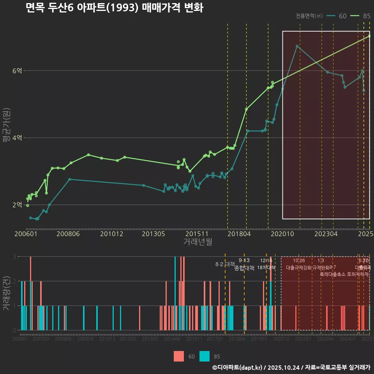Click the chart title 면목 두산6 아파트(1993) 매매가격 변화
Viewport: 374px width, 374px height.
point(114,8)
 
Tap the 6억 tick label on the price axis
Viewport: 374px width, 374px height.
point(17,71)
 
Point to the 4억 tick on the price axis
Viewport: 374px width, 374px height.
point(17,138)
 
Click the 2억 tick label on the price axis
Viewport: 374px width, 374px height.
point(17,205)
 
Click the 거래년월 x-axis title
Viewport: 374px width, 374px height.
point(198,242)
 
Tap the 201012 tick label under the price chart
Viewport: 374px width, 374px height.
point(111,234)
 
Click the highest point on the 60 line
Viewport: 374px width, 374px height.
point(297,46)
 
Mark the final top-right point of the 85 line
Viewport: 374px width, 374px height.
point(369,36)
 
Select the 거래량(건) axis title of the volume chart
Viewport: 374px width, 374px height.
point(6,293)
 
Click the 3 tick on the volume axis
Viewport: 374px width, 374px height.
point(14,257)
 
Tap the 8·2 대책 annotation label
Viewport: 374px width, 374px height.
point(222,264)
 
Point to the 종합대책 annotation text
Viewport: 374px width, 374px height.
point(244,268)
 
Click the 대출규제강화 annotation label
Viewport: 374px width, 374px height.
point(299,268)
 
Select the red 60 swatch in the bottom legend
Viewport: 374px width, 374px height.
point(179,356)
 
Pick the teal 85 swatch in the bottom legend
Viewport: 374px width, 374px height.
point(204,356)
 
